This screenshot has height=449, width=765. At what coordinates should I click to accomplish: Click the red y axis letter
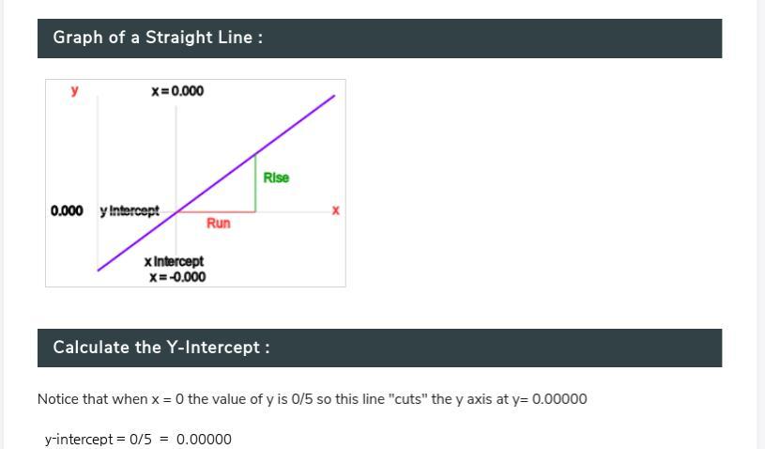pos(75,90)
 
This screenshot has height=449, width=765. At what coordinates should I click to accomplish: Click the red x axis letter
pos(336,210)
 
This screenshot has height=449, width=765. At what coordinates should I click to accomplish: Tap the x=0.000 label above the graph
pos(177,91)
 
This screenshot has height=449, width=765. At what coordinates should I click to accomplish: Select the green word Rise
pos(276,178)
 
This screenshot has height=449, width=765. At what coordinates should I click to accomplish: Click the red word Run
pos(218,223)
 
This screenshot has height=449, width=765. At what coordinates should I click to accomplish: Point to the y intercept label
pos(130,210)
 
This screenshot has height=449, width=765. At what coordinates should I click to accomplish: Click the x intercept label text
pos(175,261)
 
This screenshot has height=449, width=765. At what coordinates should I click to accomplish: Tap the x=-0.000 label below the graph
pos(177,277)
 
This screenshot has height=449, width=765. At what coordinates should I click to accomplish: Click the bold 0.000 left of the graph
pos(67,210)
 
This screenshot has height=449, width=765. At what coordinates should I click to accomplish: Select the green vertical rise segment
pos(255,183)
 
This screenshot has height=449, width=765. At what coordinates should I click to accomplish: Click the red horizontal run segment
pos(216,212)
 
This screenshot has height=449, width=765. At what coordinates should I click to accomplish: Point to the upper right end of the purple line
pos(334,96)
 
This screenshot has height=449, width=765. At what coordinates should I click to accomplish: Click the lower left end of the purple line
pos(99,270)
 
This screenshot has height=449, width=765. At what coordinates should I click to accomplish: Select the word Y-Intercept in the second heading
pos(213,348)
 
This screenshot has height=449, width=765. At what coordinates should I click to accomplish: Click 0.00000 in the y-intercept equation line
pos(204,440)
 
